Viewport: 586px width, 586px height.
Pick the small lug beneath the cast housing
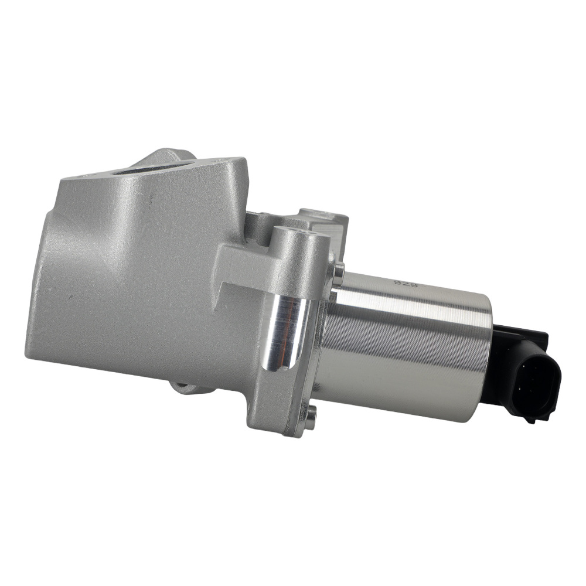pos(185,387)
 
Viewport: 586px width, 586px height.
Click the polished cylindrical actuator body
pos(404,346)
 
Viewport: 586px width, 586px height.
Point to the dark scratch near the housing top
pos(151,199)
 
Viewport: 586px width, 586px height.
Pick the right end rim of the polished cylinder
pos(485,357)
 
